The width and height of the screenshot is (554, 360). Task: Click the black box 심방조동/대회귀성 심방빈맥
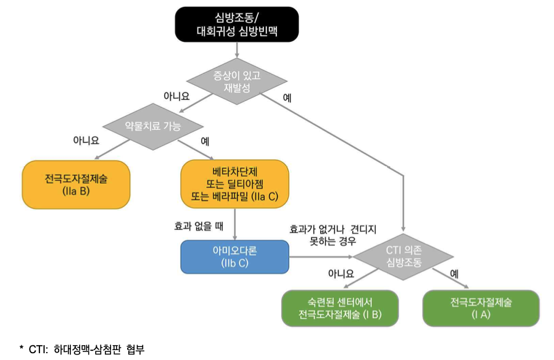(x=237, y=24)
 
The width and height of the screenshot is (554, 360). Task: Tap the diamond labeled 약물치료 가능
(x=153, y=126)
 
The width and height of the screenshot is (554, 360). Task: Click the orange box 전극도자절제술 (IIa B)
(x=76, y=184)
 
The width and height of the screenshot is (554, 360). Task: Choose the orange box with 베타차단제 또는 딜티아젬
(x=234, y=184)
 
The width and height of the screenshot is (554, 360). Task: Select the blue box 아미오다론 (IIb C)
(x=234, y=256)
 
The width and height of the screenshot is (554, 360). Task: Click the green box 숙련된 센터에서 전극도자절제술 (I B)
(x=340, y=308)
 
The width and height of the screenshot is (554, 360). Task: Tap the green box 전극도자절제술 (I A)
(x=481, y=308)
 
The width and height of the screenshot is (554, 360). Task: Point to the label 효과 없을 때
(x=199, y=226)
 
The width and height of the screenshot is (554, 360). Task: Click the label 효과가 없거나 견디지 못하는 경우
(x=332, y=234)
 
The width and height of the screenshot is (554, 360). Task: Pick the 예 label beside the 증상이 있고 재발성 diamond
(x=287, y=97)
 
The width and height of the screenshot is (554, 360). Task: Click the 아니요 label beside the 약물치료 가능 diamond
(x=86, y=140)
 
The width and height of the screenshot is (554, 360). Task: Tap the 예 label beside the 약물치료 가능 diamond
(x=205, y=141)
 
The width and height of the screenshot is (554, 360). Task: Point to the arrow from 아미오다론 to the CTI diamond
(x=321, y=256)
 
